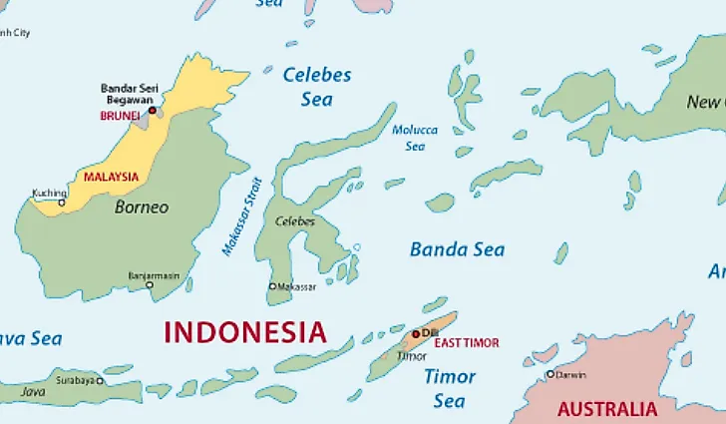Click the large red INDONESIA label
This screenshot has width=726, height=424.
click(x=244, y=332)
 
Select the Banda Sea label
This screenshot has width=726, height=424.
click(x=457, y=249)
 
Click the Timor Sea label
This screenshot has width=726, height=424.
click(x=450, y=388)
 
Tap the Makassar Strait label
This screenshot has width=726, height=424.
click(x=241, y=216)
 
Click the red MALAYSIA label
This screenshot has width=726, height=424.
click(x=111, y=177)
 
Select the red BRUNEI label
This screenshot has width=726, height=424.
click(x=120, y=116)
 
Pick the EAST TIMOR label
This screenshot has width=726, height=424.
click(x=467, y=343)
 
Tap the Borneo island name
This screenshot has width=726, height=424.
click(x=142, y=208)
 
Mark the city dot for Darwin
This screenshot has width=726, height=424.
click(x=549, y=374)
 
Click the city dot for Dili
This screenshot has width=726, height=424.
click(x=416, y=332)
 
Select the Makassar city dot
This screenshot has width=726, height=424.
click(x=272, y=286)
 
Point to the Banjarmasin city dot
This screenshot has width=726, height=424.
click(x=150, y=284)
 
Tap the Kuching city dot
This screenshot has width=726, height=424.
click(x=61, y=203)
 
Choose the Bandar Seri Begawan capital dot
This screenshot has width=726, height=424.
click(x=152, y=111)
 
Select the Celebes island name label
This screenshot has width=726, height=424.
click(x=294, y=221)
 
